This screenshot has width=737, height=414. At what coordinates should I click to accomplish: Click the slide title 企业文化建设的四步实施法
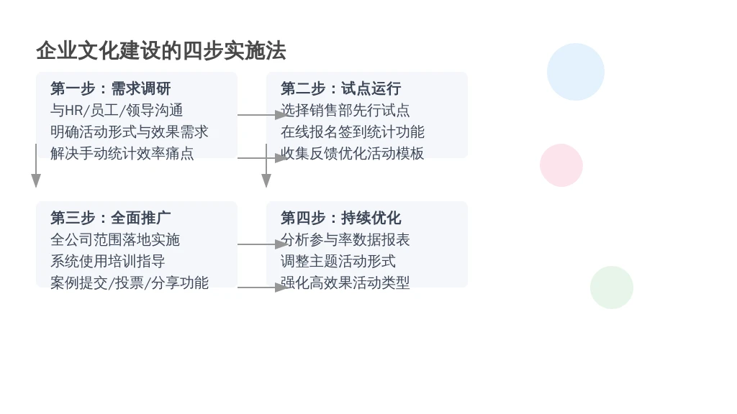pyautogui.click(x=161, y=51)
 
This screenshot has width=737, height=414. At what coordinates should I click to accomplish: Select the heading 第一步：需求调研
pyautogui.click(x=110, y=88)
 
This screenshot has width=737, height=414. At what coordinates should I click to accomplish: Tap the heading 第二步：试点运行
pyautogui.click(x=340, y=88)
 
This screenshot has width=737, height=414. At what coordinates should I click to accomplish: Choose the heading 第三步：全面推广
pyautogui.click(x=110, y=218)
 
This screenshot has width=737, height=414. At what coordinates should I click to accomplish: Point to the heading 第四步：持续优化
pyautogui.click(x=340, y=218)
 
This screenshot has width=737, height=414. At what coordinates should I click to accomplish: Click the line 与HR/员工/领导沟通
pyautogui.click(x=117, y=110)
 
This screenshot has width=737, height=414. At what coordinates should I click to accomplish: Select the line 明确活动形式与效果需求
pyautogui.click(x=130, y=132)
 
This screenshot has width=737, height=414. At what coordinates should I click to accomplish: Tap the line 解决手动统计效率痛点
pyautogui.click(x=122, y=154)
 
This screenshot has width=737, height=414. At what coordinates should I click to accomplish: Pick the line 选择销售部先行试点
pyautogui.click(x=345, y=110)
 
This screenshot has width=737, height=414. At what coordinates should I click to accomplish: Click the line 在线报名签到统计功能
pyautogui.click(x=353, y=132)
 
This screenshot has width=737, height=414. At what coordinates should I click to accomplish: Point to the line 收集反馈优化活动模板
pyautogui.click(x=353, y=154)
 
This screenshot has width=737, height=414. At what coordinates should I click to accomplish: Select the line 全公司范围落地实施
pyautogui.click(x=115, y=240)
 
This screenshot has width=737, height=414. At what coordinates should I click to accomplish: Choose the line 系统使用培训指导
pyautogui.click(x=108, y=262)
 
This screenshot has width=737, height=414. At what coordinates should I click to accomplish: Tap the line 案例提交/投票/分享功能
pyautogui.click(x=130, y=283)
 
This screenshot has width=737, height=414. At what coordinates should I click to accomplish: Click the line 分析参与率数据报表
pyautogui.click(x=345, y=240)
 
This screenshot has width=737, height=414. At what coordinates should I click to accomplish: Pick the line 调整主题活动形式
pyautogui.click(x=338, y=262)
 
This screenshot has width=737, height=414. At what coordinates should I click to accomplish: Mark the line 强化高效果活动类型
pyautogui.click(x=345, y=283)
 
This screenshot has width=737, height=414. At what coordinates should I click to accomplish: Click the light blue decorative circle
pyautogui.click(x=576, y=72)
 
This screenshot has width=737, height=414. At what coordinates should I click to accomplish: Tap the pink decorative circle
pyautogui.click(x=561, y=165)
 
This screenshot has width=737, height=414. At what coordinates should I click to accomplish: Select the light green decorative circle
pyautogui.click(x=612, y=287)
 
